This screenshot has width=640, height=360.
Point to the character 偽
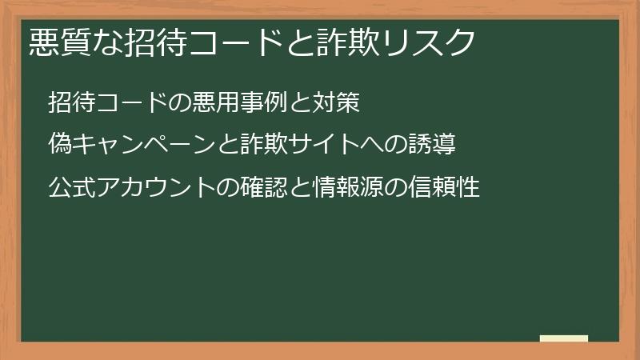pyautogui.click(x=58, y=146)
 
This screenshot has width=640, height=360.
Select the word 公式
pyautogui.click(x=69, y=189)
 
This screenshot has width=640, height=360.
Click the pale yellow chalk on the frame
pyautogui.click(x=564, y=338)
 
